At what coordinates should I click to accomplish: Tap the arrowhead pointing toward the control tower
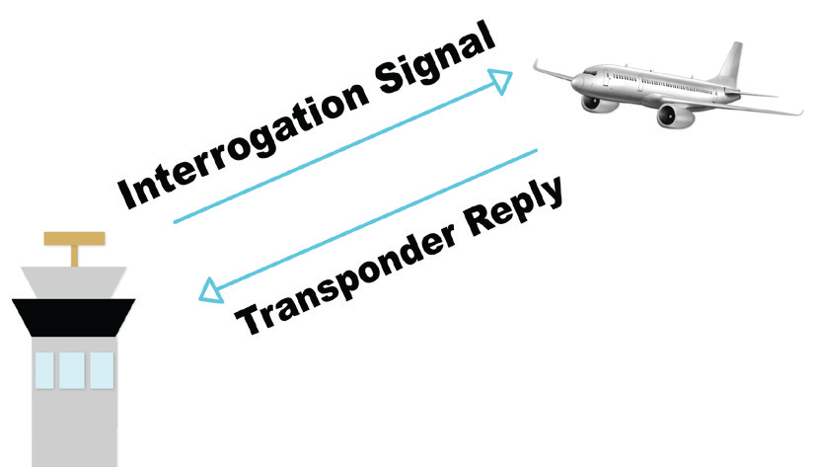tap(209, 289)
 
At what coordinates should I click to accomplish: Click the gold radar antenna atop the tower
tap(75, 239)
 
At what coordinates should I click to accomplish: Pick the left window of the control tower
tap(45, 369)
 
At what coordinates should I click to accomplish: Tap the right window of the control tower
tap(101, 369)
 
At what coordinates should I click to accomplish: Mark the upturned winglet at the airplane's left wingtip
tap(538, 66)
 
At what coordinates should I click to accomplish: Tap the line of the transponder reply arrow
tap(375, 220)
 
